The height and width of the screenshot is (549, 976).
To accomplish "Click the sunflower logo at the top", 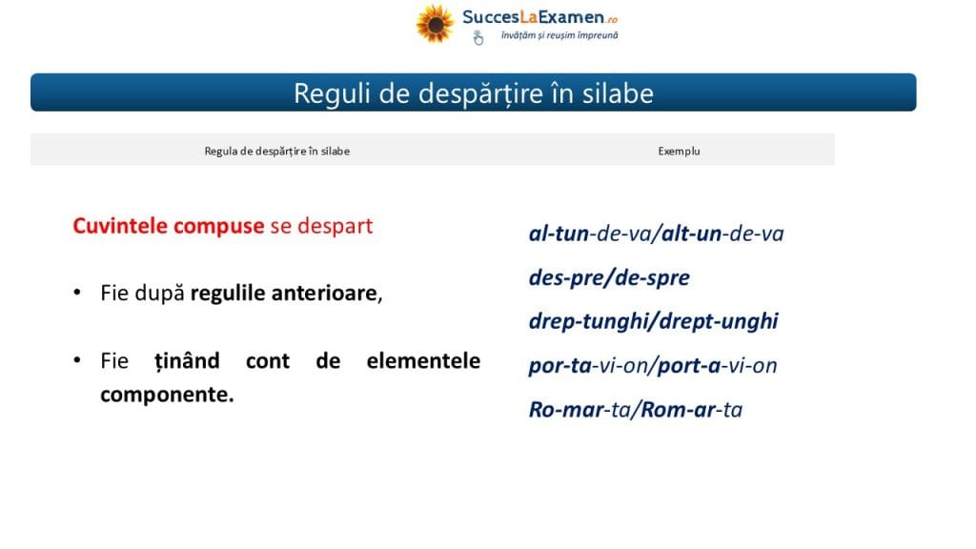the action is [x=435, y=24].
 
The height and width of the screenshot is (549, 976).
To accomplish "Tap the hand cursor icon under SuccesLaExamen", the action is [x=478, y=38].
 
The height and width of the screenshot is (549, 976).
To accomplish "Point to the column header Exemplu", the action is [x=679, y=152].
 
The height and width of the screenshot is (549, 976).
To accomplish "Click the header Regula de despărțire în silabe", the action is [x=277, y=152].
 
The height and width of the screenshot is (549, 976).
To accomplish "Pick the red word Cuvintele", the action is [x=120, y=225].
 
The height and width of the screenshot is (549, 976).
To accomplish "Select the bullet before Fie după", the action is [x=77, y=292].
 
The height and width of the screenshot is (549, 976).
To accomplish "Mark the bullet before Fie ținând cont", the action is [x=77, y=359].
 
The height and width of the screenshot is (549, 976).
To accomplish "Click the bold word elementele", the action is [x=423, y=360].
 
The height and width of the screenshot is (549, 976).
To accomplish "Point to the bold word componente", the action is [x=167, y=396].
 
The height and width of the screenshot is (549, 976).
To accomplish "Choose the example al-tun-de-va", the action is [x=588, y=234].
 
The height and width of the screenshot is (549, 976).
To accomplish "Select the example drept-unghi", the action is [x=719, y=321].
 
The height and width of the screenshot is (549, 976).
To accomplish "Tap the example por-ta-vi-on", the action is [x=588, y=365].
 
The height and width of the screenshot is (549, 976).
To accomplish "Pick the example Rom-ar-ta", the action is [x=692, y=410].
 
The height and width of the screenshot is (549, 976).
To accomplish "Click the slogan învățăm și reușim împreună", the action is [x=559, y=35].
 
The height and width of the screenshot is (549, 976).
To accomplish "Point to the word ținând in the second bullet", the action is [x=188, y=361].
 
